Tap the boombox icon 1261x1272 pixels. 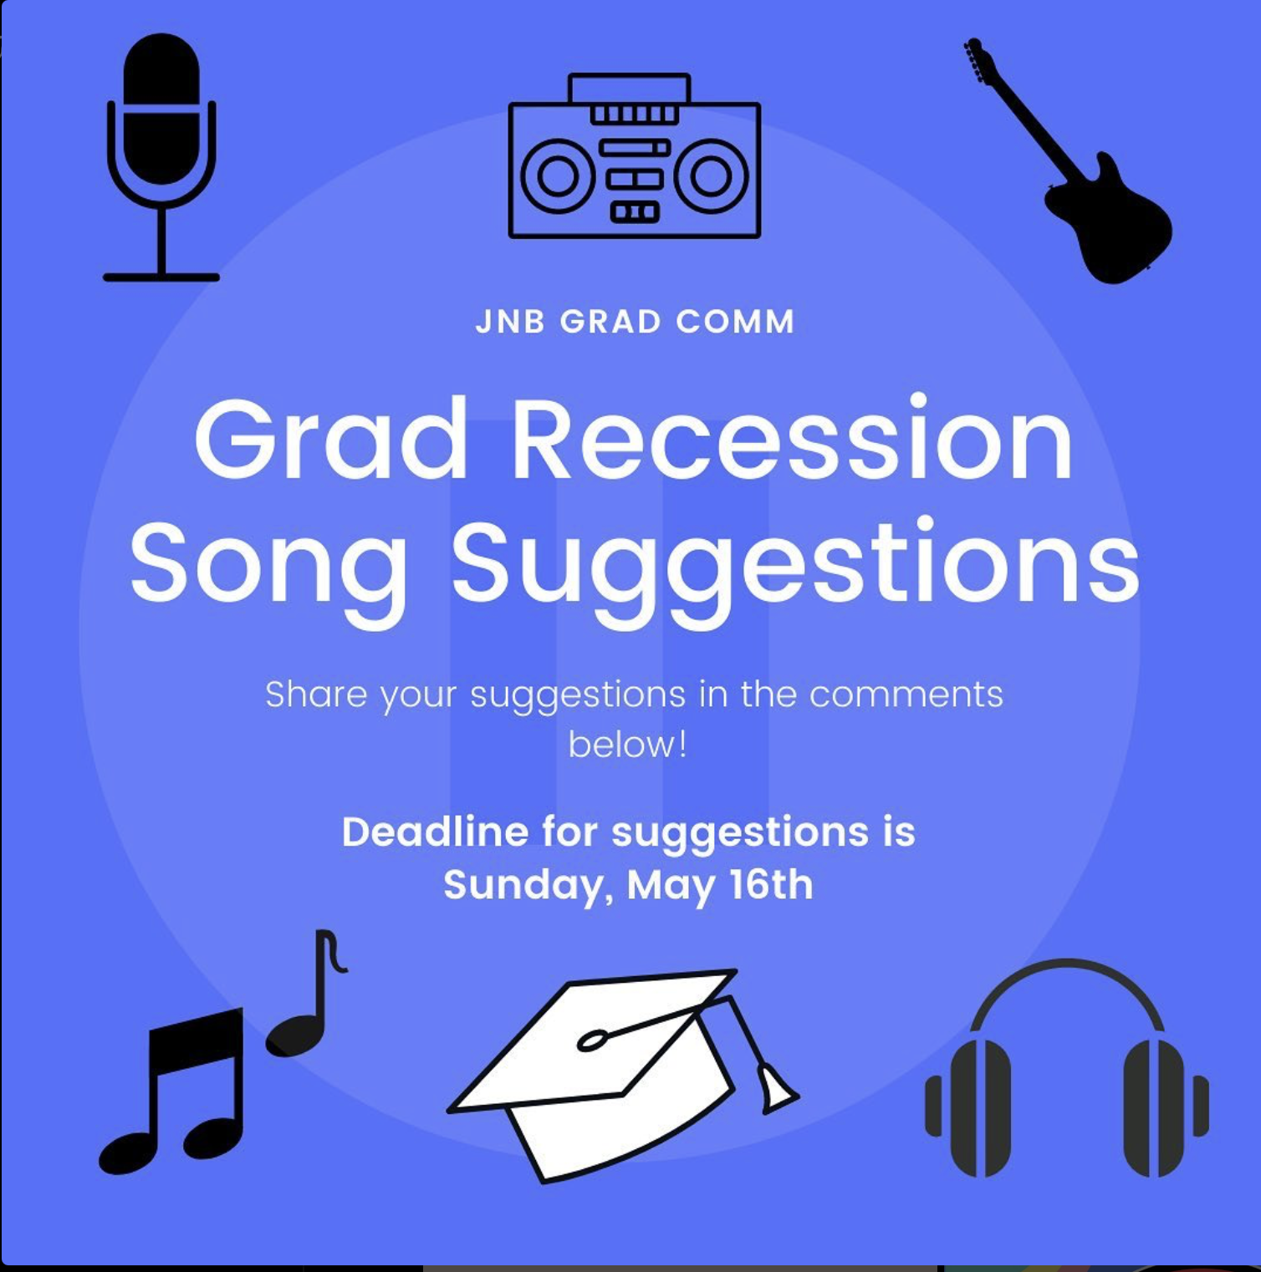coord(635,155)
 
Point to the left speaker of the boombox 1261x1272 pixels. coord(558,176)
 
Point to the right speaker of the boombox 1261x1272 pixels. coord(712,176)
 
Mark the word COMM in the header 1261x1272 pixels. coord(735,322)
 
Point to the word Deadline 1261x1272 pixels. coord(435,832)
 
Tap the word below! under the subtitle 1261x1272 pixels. coord(628,744)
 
